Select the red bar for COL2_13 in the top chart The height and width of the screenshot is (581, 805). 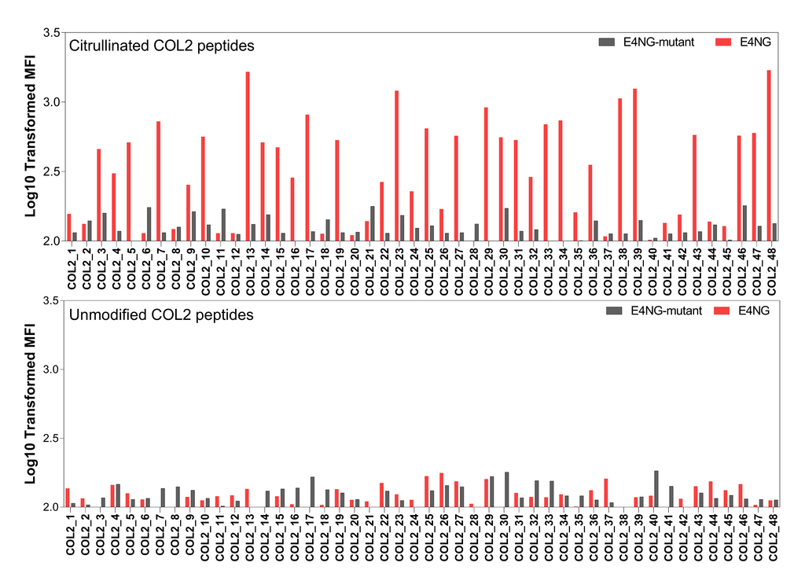(248, 156)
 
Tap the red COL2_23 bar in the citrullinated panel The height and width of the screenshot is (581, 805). (396, 166)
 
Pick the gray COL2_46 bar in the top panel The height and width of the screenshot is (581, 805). (744, 223)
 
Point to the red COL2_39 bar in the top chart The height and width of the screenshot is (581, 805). (634, 165)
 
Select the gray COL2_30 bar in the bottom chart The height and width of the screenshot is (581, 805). (507, 490)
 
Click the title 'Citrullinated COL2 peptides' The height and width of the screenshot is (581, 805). (161, 46)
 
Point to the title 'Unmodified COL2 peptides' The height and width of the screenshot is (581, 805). (161, 315)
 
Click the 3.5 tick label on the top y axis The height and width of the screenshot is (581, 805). (50, 32)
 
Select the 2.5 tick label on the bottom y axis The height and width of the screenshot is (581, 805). (50, 438)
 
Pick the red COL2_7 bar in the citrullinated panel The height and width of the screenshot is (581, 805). (158, 181)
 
